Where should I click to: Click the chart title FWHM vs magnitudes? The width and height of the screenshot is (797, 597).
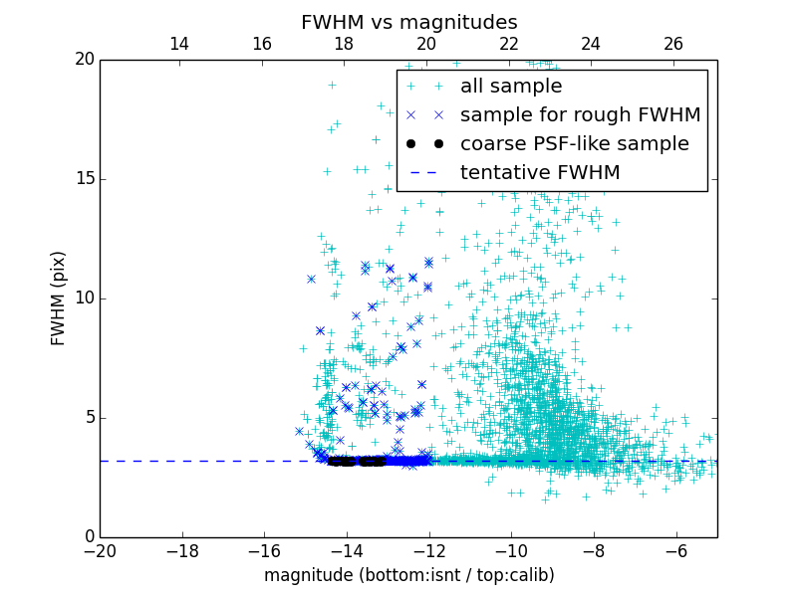(409, 22)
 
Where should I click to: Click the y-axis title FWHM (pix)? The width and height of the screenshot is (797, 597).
(59, 298)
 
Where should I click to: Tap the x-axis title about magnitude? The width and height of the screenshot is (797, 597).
(409, 575)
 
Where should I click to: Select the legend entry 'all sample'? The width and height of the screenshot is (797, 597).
(511, 87)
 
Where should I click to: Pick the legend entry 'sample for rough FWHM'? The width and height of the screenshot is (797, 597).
(580, 115)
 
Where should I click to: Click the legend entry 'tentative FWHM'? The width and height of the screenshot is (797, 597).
(540, 173)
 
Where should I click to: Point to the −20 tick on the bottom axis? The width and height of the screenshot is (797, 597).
(100, 551)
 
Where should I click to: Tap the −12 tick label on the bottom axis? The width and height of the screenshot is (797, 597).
(429, 551)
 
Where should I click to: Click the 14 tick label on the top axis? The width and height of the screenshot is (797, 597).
(179, 44)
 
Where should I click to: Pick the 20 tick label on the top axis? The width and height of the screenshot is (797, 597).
(426, 44)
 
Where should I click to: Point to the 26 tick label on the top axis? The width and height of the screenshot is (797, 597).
(673, 44)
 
